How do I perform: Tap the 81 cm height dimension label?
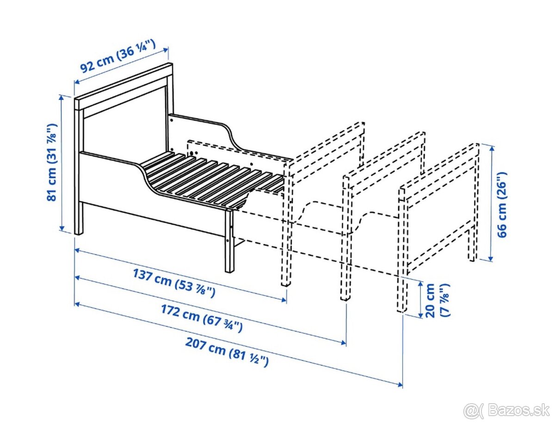tap(52, 162)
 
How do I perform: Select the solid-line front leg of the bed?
tap(230, 241)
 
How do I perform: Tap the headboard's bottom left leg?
tap(79, 218)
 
